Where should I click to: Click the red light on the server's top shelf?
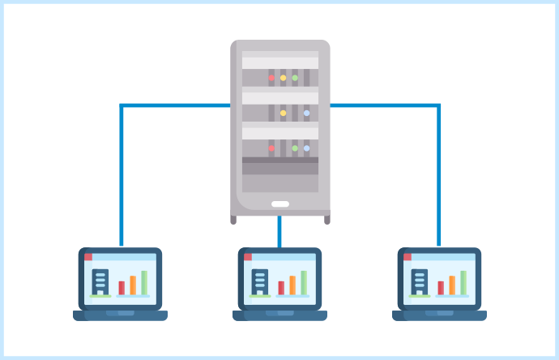[271, 78]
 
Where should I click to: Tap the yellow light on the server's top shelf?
[283, 78]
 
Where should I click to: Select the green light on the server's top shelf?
[295, 78]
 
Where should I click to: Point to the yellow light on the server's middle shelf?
[283, 114]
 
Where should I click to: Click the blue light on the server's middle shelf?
[306, 114]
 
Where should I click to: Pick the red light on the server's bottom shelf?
[271, 148]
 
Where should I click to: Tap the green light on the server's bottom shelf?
[295, 148]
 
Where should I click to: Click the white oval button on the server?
[280, 204]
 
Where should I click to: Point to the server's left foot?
[233, 219]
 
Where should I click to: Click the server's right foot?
[327, 219]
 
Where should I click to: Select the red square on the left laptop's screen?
[88, 257]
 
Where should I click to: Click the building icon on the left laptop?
[100, 281]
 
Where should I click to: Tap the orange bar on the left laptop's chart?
[133, 285]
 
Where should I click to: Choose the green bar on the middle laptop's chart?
[304, 282]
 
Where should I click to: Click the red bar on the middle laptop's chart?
[281, 287]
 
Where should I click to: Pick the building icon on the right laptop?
[420, 281]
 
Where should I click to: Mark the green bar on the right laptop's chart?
[463, 282]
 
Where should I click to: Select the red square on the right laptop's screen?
[408, 257]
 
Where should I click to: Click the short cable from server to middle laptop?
[279, 232]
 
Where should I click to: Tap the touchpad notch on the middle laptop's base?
[279, 313]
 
